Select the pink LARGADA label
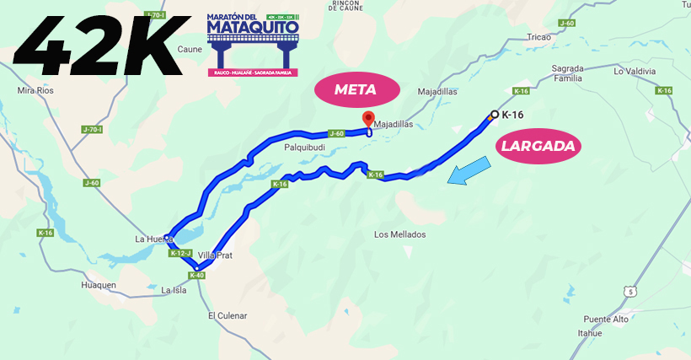pyautogui.click(x=538, y=146)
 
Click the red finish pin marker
pyautogui.click(x=367, y=119)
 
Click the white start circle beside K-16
pyautogui.click(x=494, y=114)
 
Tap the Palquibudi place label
pyautogui.click(x=304, y=147)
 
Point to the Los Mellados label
pyautogui.click(x=400, y=234)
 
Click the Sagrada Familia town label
pyautogui.click(x=567, y=73)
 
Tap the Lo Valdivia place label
pyautogui.click(x=635, y=72)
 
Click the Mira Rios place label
pyautogui.click(x=36, y=89)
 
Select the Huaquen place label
pyautogui.click(x=99, y=285)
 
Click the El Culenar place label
pyautogui.click(x=228, y=315)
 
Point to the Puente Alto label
pyautogui.click(x=606, y=320)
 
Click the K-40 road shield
pyautogui.click(x=197, y=275)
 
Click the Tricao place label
pyautogui.click(x=538, y=37)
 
